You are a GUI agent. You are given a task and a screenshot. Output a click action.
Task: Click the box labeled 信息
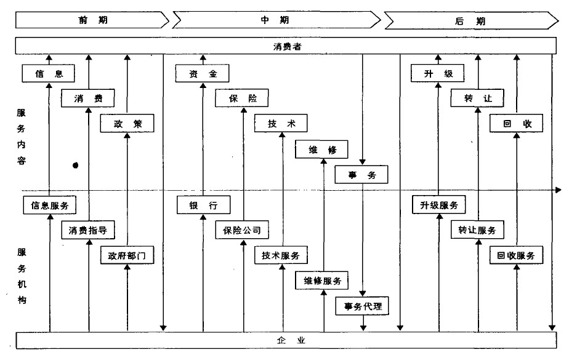tap(48, 74)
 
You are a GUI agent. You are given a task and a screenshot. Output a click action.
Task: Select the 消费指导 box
tap(88, 231)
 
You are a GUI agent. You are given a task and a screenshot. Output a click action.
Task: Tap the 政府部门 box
tap(127, 255)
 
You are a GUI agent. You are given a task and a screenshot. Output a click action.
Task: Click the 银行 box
tap(203, 206)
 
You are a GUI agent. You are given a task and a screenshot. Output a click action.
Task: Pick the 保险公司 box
tap(242, 231)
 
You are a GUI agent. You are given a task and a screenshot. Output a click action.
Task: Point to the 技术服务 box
tap(281, 255)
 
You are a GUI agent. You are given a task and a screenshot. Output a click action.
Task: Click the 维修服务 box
tap(322, 281)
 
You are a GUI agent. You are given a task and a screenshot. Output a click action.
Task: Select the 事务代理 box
tap(362, 305)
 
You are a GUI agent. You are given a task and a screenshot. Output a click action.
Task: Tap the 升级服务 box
tap(438, 206)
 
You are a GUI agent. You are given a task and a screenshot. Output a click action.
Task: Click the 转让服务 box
tap(477, 230)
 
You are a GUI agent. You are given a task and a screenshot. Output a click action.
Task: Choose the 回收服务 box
tap(517, 255)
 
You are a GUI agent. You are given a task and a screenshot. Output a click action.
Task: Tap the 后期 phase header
tap(471, 20)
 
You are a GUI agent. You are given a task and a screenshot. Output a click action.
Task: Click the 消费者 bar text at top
tap(287, 46)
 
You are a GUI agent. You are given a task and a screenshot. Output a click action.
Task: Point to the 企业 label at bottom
tap(287, 340)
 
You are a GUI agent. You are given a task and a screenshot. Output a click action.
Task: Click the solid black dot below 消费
tap(76, 165)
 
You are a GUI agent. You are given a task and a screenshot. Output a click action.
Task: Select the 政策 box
tap(127, 124)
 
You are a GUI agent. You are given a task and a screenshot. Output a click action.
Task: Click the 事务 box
tap(362, 175)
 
